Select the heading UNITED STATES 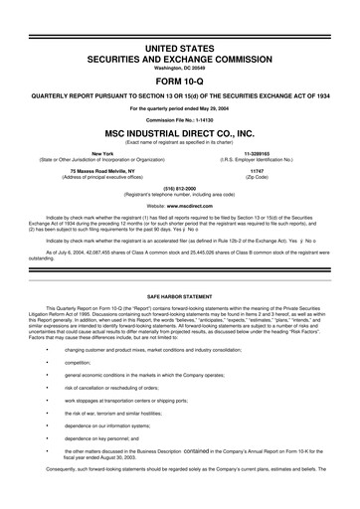[x=180, y=48]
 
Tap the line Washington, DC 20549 [x=180, y=67]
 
